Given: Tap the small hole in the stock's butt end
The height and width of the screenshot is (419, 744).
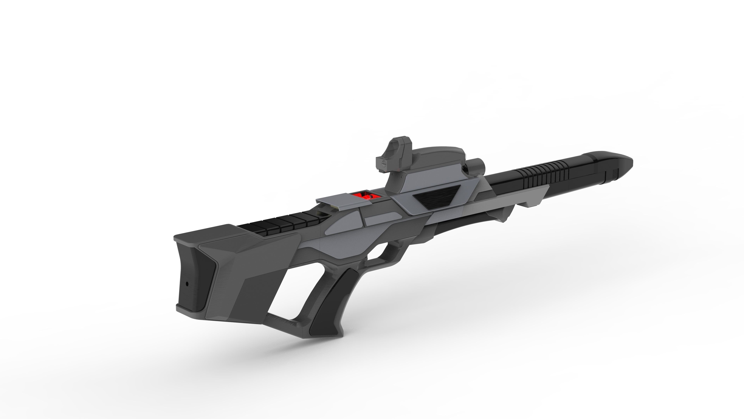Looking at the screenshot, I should click(187, 284).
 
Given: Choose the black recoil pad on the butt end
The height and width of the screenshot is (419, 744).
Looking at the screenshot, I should click(196, 277).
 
